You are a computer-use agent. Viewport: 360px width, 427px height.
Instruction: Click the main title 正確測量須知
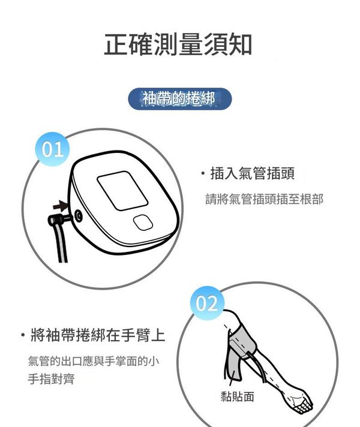coord(178,44)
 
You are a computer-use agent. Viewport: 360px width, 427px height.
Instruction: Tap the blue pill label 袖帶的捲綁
coord(180,98)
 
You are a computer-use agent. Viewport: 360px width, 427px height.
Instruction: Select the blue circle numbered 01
coord(53,149)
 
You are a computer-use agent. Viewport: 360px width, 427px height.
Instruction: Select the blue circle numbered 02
coord(207,303)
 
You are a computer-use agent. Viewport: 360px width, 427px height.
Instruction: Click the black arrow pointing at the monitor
coord(60,206)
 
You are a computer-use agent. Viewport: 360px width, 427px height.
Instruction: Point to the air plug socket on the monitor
coord(79,216)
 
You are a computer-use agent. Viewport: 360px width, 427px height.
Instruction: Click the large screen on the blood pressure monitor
coord(122,191)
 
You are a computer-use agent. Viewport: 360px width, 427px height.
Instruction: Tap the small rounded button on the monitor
coord(143,222)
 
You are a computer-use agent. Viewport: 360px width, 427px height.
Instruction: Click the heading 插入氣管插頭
coord(253,173)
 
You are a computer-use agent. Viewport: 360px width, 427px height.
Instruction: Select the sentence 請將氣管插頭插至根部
coord(264,199)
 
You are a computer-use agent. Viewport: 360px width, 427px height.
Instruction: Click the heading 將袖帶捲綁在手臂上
coord(98,335)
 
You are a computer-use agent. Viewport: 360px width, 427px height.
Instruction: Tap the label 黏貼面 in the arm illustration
coord(237,396)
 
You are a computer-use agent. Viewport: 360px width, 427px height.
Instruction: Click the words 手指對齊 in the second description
coord(51,379)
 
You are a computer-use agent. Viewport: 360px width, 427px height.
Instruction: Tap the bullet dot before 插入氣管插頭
coord(202,173)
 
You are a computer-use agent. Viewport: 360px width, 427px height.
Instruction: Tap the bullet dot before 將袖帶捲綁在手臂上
coord(23,335)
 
